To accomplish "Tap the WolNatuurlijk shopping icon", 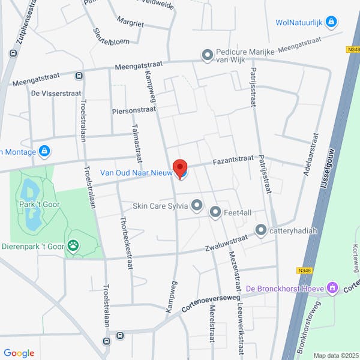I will click(x=331, y=22).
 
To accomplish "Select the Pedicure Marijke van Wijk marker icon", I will click(x=208, y=56).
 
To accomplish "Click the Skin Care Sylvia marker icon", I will click(x=196, y=206).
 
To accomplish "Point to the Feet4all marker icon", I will click(x=215, y=211).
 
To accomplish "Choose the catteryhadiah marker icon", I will click(x=260, y=230).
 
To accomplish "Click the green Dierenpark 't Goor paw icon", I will click(x=73, y=244).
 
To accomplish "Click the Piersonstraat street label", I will click(x=133, y=110).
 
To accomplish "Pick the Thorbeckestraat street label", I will click(x=128, y=244).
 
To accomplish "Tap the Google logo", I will click(x=19, y=353).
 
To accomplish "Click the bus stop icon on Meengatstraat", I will click(x=79, y=76).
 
